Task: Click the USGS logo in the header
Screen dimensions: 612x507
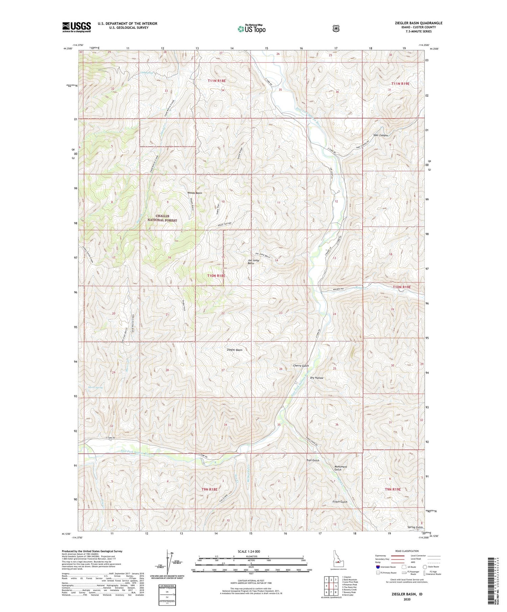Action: pos(76,27)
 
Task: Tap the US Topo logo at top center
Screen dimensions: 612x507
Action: pos(251,29)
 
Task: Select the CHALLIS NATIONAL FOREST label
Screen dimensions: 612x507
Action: pos(162,218)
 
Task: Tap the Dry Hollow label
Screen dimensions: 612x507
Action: pos(317,378)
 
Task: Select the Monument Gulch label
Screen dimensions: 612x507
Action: pos(340,468)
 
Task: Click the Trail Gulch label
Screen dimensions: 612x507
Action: pos(313,460)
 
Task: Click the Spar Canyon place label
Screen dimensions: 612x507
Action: pos(380,135)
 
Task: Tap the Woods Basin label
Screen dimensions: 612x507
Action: pos(195,193)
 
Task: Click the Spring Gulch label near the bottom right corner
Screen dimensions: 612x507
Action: pos(415,527)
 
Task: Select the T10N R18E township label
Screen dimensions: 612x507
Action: pos(216,276)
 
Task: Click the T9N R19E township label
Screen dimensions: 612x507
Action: pos(392,489)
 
